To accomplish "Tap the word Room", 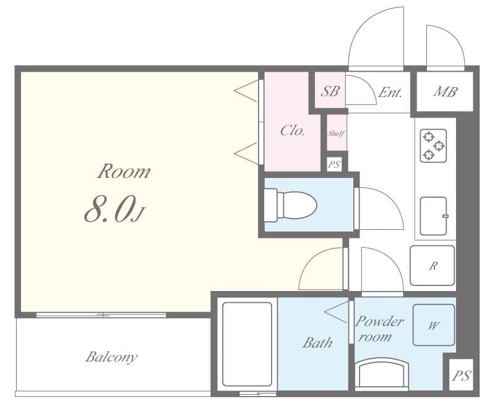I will [x=124, y=172].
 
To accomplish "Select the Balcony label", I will [x=111, y=357].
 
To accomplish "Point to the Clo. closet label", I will [x=292, y=130].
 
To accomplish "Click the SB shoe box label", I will [x=330, y=91].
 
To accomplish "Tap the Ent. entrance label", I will [x=390, y=93].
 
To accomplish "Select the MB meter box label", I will [x=445, y=92].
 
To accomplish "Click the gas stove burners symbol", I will [x=433, y=146].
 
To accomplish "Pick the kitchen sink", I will [x=433, y=216].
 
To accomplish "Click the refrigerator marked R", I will [x=433, y=266].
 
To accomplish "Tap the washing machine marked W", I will [x=433, y=325].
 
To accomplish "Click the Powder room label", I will [x=379, y=329].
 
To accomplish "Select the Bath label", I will [x=317, y=342].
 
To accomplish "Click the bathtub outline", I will [x=246, y=345].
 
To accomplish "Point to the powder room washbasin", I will [x=382, y=374].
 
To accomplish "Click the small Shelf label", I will [x=336, y=133].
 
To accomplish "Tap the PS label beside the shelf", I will [x=334, y=164].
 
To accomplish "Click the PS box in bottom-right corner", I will [x=461, y=375].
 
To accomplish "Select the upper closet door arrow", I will [x=246, y=91].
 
